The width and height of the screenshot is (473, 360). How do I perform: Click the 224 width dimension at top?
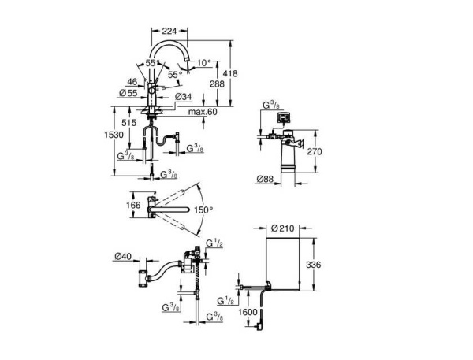(168, 31)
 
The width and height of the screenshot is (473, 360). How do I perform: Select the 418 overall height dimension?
(242, 72)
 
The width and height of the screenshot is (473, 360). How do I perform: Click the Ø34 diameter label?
(183, 97)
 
